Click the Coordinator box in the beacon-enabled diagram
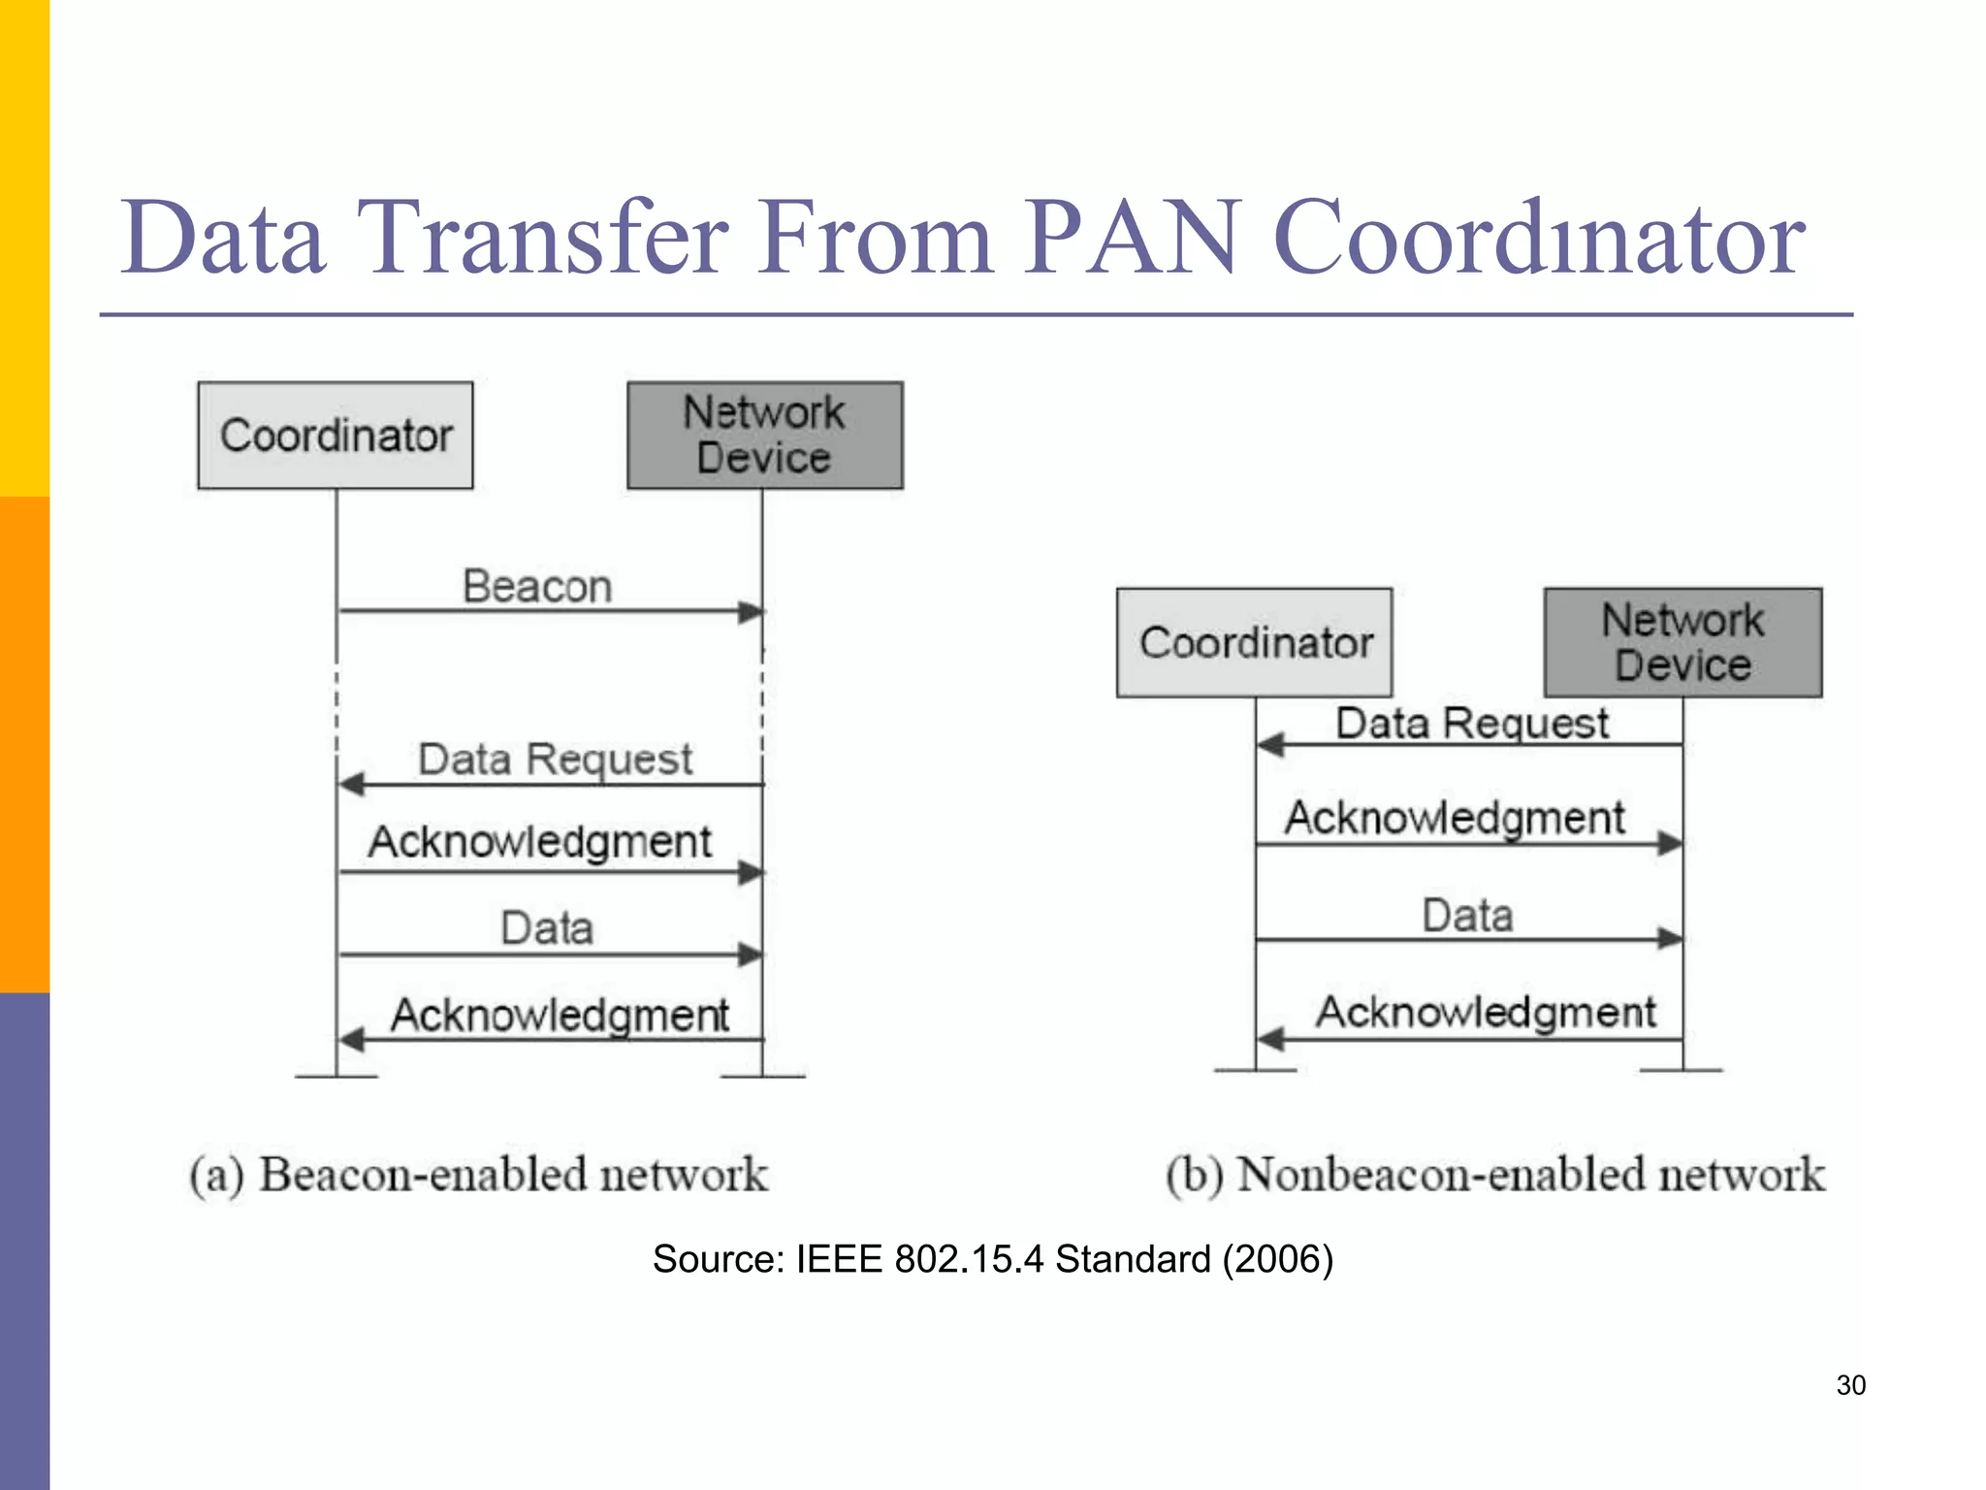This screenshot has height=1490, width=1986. pos(336,436)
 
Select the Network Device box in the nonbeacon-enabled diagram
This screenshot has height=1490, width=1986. pos(1682,642)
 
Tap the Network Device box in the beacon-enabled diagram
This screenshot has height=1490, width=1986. pos(764,436)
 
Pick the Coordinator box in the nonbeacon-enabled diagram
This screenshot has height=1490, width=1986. pos(1255,642)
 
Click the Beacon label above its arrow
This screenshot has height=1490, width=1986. pos(537,587)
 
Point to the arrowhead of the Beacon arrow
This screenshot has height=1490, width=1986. pos(751,611)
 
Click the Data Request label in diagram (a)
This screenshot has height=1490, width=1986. pos(555,759)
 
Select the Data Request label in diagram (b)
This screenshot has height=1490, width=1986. pos(1471,724)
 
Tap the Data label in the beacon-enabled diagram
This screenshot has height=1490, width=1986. pos(547,928)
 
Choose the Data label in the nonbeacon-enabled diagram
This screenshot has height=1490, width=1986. pos(1467,916)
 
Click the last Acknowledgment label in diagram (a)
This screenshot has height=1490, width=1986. pos(560,1016)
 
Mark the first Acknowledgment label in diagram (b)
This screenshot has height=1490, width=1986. pos(1454,818)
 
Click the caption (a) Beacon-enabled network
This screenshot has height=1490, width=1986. pos(479,1175)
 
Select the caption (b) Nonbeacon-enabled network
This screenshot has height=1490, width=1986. pos(1495,1175)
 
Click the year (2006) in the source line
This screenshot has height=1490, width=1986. pos(1277,1259)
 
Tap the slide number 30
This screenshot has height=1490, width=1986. pos(1850,1385)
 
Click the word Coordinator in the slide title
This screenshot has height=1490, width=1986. pos(1539,239)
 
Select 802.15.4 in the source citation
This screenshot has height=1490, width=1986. pos(969,1259)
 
